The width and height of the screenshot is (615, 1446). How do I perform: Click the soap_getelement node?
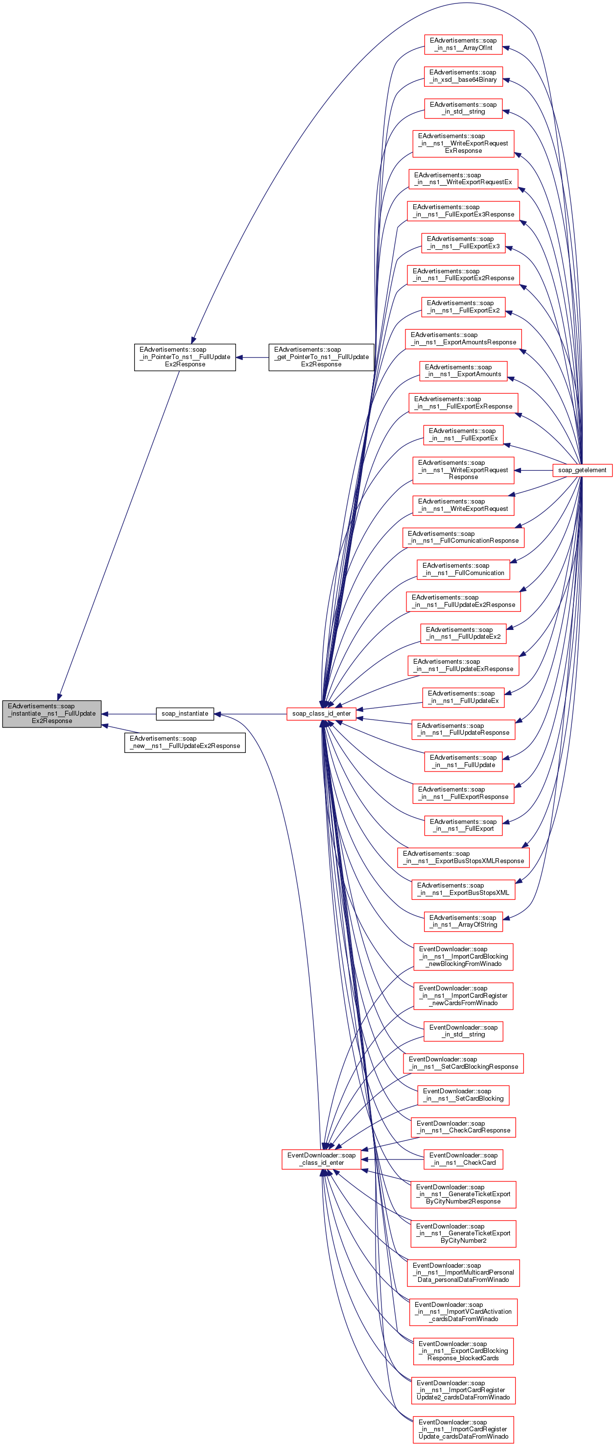pos(582,470)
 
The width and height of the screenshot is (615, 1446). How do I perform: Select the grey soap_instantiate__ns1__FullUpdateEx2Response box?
pos(51,714)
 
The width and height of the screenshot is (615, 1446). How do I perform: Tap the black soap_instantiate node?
pos(185,714)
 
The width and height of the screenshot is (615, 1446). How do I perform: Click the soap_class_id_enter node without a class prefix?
pos(321,714)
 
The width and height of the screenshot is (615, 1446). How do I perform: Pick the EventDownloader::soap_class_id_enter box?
pos(321,1158)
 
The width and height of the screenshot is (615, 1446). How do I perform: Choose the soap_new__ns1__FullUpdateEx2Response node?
pos(185,742)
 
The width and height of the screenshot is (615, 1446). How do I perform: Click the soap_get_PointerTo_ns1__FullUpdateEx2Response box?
pos(321,357)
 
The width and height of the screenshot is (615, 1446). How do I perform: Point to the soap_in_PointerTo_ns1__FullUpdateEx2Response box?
pos(185,357)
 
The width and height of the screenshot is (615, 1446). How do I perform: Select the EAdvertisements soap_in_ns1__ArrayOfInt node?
pos(463,45)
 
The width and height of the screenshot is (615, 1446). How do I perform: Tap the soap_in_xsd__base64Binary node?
pos(463,76)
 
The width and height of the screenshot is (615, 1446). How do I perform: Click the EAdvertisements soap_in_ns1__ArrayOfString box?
pos(463,921)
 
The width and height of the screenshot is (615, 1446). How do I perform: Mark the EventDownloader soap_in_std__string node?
pos(463,1031)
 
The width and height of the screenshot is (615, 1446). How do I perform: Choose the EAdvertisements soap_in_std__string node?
pos(463,108)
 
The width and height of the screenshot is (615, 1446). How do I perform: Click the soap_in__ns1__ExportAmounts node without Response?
pos(463,370)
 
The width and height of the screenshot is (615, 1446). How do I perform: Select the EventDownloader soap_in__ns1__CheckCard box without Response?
pos(463,1158)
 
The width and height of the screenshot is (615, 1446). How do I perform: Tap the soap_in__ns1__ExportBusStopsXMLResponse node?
pos(463,857)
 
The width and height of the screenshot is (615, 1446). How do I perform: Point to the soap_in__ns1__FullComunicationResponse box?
pos(463,537)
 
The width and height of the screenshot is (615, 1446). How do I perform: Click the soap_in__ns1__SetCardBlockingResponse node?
pos(463,1063)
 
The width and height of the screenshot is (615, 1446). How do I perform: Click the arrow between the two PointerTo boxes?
pos(252,357)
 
